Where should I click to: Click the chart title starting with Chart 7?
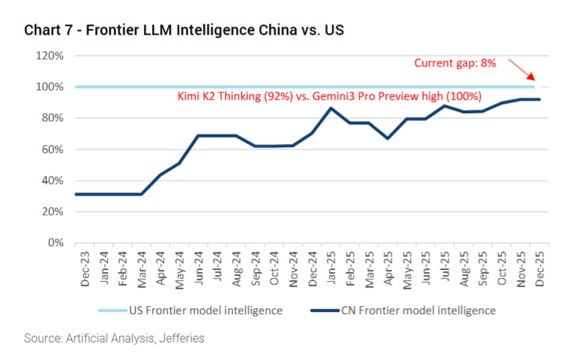pos(184,30)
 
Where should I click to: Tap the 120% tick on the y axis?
pos(51,55)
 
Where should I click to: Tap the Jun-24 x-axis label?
pos(198,267)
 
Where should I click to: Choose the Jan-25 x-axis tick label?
pos(330,267)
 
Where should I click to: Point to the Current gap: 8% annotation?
pos(455,63)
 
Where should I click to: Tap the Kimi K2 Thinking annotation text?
pos(330,97)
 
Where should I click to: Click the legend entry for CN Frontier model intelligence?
pos(413,310)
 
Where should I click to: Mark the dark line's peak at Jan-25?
pos(330,108)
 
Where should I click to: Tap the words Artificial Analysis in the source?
pos(109,339)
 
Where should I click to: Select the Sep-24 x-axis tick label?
pos(254,267)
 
